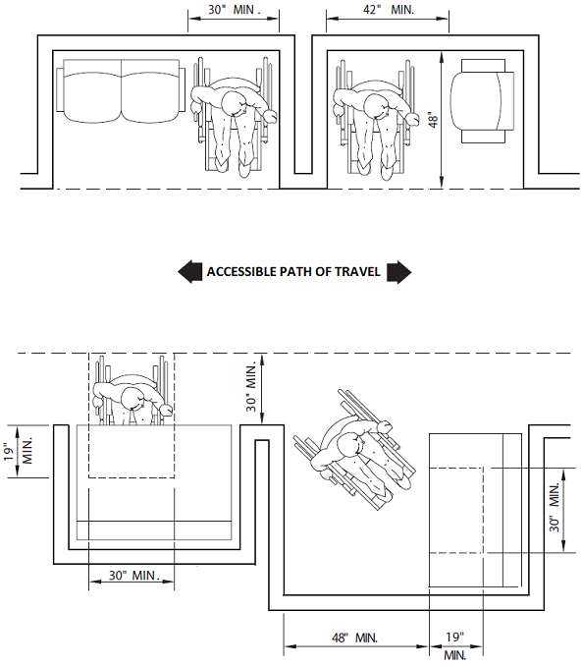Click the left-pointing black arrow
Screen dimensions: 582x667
pos(189,272)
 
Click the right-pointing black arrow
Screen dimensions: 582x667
pos(398,272)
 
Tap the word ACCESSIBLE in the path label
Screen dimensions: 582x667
pos(242,271)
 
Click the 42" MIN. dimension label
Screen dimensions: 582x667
pos(389,10)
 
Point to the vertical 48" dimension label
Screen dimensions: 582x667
pos(433,120)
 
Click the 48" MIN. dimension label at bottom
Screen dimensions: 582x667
pos(354,638)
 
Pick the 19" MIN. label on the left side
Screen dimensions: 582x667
pos(21,451)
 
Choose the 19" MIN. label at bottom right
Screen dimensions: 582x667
pos(454,645)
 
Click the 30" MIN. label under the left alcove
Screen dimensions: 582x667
pos(134,575)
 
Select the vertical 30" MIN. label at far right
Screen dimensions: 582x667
pos(555,507)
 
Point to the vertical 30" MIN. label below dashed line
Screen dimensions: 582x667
pos(251,387)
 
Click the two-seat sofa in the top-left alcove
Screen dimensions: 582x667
pos(121,91)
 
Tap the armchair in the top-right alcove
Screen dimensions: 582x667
pos(483,101)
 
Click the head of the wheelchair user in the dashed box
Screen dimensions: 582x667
pos(134,398)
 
